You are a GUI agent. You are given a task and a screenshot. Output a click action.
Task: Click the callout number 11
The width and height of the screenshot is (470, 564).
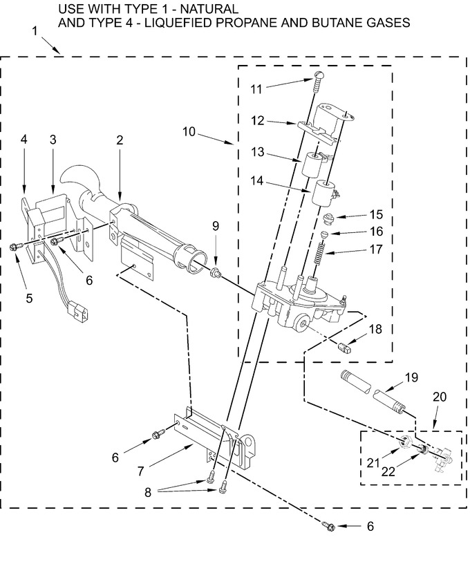point(256,89)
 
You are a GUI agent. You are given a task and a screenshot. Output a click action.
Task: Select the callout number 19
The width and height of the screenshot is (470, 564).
point(412,377)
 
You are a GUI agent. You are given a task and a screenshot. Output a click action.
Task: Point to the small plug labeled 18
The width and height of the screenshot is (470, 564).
point(345,348)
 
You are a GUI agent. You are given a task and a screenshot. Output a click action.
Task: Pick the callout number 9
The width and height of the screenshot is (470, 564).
point(216,226)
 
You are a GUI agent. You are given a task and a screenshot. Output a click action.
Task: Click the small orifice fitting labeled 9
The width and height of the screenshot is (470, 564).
point(216,273)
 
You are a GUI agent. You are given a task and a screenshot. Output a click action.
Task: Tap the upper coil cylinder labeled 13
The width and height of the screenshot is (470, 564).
point(313,164)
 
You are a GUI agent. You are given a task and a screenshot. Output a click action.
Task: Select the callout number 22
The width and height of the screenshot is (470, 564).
point(388,471)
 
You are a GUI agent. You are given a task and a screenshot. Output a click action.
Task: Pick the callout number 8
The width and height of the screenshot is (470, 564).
point(148,492)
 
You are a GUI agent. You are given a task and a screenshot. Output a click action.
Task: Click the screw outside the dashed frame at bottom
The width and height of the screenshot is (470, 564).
point(329,526)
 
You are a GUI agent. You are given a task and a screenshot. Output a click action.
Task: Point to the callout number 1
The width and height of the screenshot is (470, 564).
point(35,31)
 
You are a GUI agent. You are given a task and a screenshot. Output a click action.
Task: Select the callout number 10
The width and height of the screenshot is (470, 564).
point(189,131)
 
